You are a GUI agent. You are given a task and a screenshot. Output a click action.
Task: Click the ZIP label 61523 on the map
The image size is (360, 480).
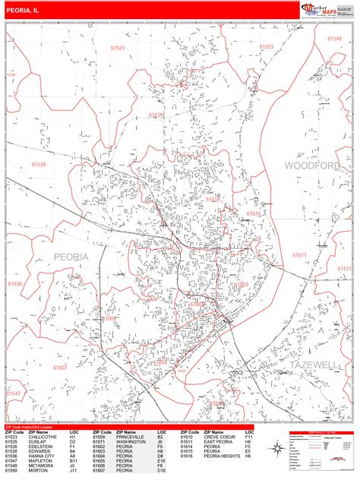tap(267, 47)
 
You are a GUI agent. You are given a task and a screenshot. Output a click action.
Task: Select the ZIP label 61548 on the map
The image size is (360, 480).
tap(336, 38)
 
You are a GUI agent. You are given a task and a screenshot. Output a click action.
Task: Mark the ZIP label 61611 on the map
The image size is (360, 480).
tap(300, 255)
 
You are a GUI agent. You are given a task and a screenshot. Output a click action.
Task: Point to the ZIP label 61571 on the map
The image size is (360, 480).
tap(344, 269)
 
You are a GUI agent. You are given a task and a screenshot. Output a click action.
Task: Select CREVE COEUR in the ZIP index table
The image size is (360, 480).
tap(220, 437)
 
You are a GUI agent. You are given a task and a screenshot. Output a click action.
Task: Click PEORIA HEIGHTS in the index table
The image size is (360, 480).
tap(223, 456)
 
